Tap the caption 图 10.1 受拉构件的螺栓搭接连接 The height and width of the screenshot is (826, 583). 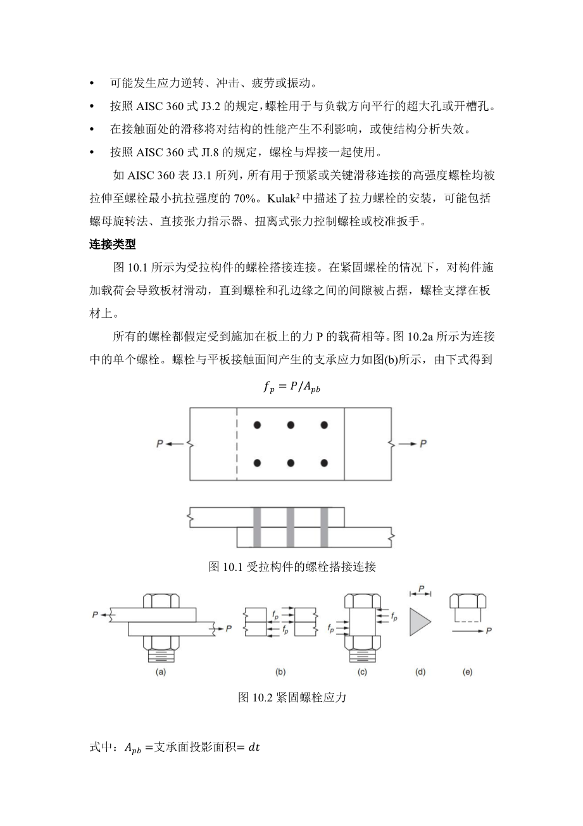point(292,566)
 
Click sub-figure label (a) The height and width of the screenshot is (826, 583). point(161,672)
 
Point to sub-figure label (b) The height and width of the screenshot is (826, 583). point(280,672)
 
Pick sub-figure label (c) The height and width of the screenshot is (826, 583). point(362,672)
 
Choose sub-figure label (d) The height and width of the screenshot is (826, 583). point(420,672)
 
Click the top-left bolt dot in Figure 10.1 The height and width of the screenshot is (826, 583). point(257,425)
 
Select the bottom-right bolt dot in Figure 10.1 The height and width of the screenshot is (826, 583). point(324,463)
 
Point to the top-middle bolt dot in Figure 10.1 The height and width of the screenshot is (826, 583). point(291,425)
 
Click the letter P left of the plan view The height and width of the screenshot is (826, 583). point(160,444)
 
